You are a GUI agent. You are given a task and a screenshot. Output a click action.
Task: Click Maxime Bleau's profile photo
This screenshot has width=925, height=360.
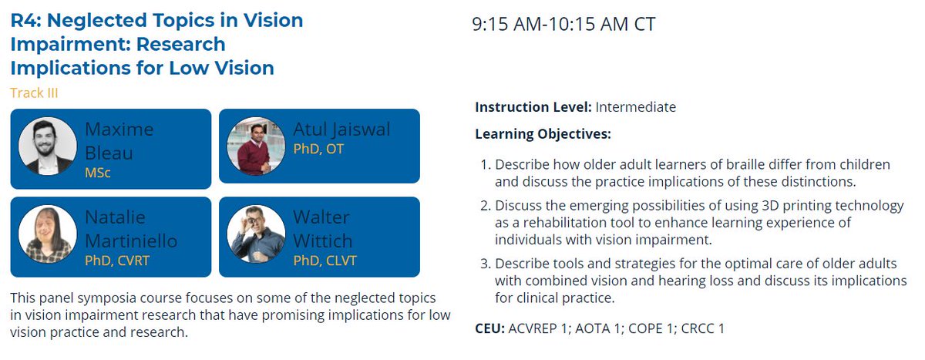[47, 146]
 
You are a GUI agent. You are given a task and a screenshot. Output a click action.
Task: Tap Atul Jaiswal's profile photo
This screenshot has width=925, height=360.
[251, 146]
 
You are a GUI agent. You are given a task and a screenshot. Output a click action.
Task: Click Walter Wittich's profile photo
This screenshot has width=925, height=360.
[251, 234]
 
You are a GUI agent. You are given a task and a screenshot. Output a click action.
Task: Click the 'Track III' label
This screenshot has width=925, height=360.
[34, 93]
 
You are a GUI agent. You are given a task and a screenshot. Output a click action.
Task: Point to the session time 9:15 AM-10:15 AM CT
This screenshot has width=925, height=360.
[563, 24]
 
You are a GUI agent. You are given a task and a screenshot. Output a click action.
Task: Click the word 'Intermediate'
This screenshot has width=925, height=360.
[635, 107]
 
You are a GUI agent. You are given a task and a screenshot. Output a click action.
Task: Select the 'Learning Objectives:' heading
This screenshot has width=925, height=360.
[543, 134]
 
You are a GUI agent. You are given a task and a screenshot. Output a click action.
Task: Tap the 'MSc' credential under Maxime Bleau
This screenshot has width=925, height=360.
[98, 173]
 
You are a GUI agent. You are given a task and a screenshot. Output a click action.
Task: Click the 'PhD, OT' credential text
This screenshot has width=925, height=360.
[318, 149]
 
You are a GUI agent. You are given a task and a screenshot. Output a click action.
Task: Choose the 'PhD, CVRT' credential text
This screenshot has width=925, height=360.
[117, 261]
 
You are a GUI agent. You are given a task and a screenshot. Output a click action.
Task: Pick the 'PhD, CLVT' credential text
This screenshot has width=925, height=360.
[324, 261]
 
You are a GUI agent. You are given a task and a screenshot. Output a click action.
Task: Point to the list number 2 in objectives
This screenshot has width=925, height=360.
[485, 206]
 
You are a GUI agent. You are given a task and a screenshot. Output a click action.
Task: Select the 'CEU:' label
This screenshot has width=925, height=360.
[490, 329]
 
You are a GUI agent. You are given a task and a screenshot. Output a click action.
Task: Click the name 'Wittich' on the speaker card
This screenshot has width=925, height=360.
[321, 241]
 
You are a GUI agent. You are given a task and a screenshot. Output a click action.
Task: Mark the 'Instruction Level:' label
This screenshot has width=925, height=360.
[533, 107]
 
